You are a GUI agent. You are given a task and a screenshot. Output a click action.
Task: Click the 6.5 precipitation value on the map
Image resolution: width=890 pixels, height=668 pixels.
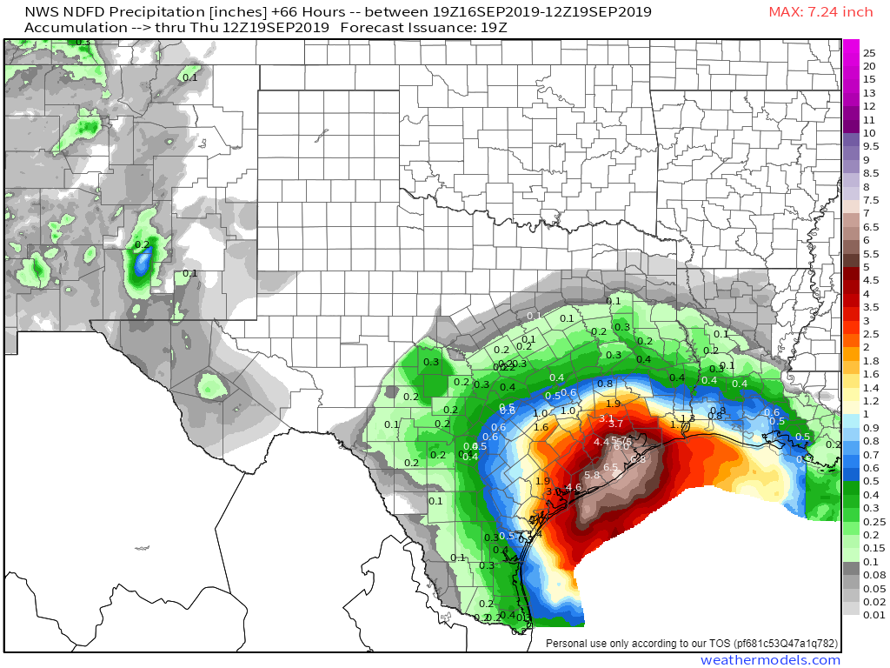tap(610, 468)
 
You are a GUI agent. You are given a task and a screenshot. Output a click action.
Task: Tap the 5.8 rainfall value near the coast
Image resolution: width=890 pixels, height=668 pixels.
tap(592, 475)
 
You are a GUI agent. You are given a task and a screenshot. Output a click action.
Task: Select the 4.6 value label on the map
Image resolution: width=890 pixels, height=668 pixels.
tap(573, 487)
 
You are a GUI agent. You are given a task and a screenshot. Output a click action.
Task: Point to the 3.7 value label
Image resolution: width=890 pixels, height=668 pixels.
tap(616, 424)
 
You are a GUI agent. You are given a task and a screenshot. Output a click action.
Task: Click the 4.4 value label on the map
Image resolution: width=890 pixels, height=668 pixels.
tap(601, 442)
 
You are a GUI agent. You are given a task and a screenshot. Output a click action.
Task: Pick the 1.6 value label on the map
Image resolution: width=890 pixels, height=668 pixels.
tap(541, 427)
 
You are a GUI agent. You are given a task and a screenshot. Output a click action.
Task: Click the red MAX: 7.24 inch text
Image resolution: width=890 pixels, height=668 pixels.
tap(820, 12)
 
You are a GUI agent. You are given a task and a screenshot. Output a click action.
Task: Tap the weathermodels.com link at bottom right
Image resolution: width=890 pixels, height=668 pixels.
tap(770, 660)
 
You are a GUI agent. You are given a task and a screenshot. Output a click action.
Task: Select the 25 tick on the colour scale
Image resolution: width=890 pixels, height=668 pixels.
tap(868, 53)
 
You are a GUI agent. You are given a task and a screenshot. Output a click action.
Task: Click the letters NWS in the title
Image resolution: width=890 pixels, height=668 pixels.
tap(40, 12)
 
